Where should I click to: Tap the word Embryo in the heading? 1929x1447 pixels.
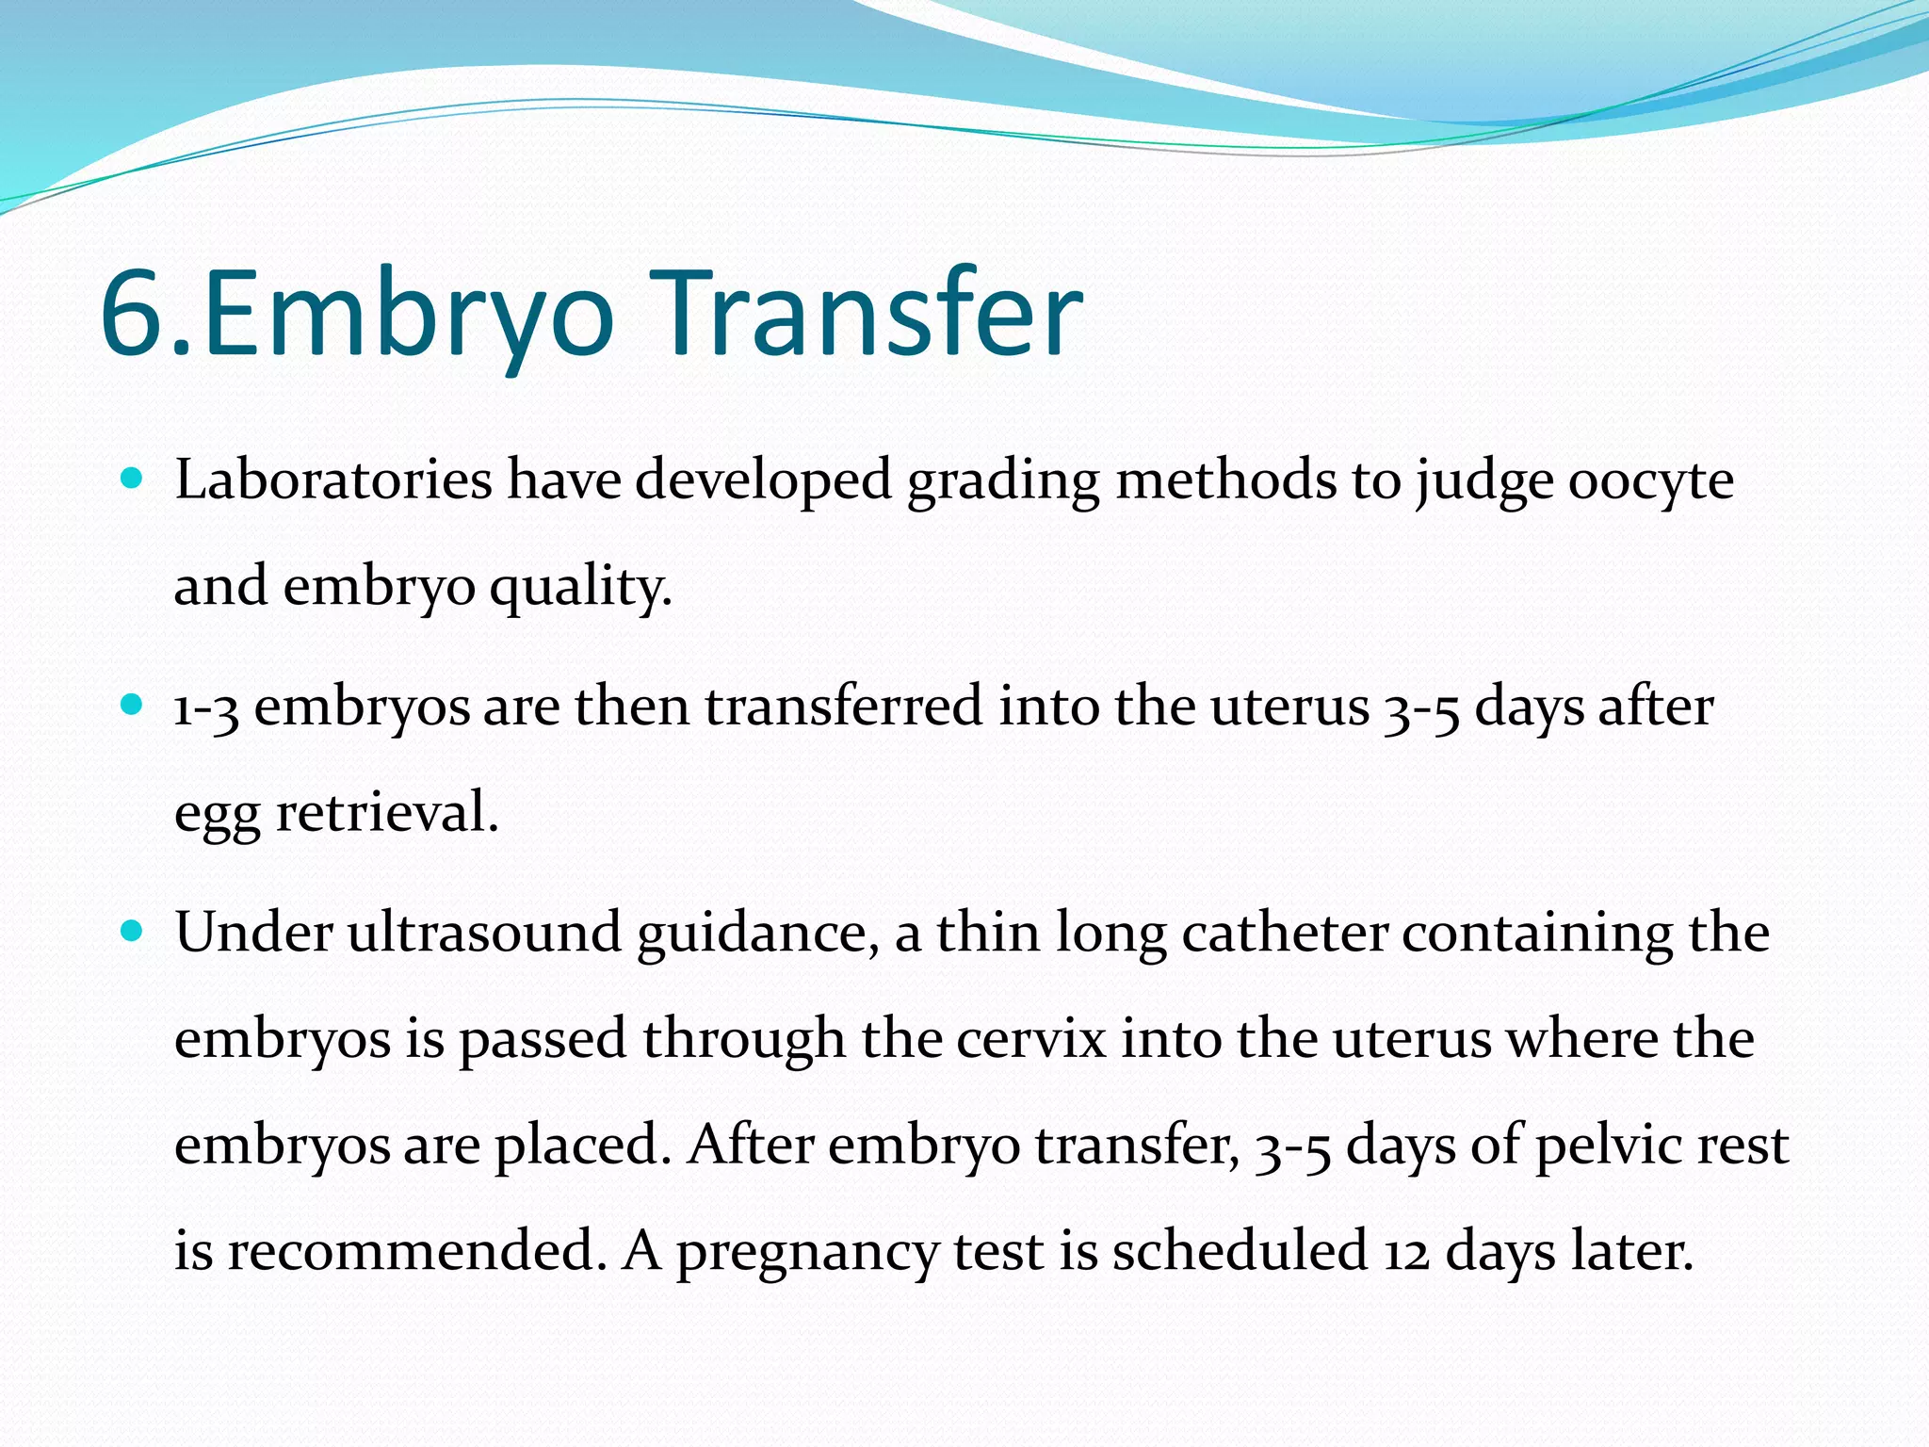pyautogui.click(x=407, y=316)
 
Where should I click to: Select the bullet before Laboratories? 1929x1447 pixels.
pyautogui.click(x=133, y=479)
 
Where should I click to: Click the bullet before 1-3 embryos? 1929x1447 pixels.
pyautogui.click(x=133, y=705)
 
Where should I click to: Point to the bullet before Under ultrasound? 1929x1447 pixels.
pyautogui.click(x=133, y=932)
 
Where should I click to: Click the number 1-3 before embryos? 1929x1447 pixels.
pyautogui.click(x=205, y=707)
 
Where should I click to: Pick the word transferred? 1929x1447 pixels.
pyautogui.click(x=843, y=707)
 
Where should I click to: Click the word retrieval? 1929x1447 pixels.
pyautogui.click(x=386, y=812)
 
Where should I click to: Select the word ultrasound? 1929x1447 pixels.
pyautogui.click(x=484, y=933)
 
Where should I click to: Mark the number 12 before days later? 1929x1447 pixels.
pyautogui.click(x=1405, y=1253)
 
